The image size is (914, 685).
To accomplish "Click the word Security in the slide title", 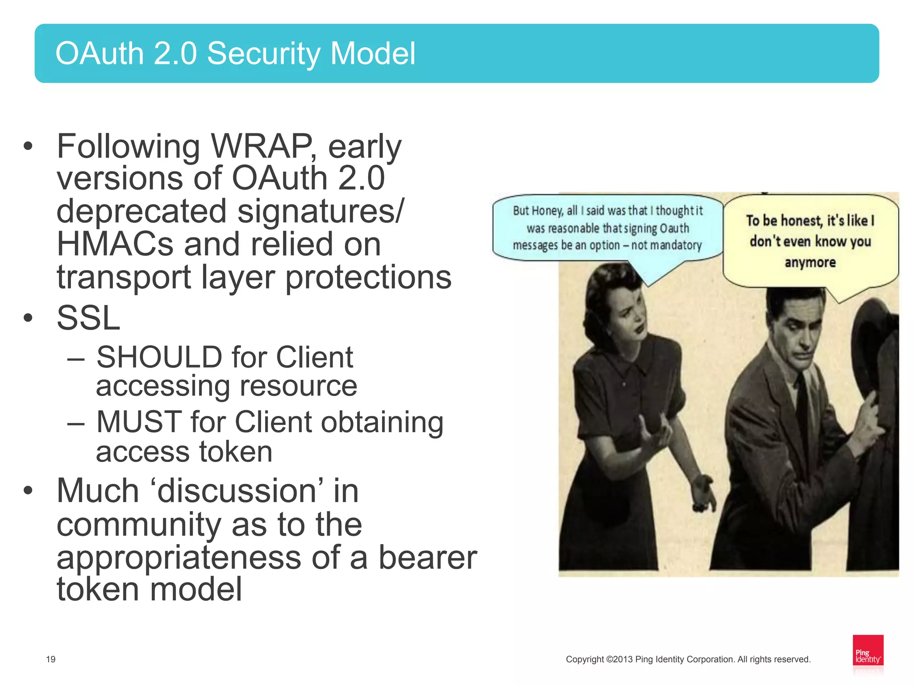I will [x=263, y=54].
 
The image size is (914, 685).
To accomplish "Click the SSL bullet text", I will [x=88, y=318].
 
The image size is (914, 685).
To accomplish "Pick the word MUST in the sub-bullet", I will [x=139, y=422].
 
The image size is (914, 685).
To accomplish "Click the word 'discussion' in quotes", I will [x=237, y=491].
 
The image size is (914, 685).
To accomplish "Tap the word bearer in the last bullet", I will [x=428, y=557].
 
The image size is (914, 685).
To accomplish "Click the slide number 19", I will [x=51, y=659].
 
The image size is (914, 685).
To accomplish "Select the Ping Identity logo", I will [x=868, y=651].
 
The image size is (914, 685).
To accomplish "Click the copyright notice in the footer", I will [x=688, y=659].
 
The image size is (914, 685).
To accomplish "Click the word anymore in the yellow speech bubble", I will [x=810, y=262].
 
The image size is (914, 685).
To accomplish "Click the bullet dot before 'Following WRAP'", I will [x=28, y=146].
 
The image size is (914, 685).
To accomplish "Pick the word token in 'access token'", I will [x=235, y=452].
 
